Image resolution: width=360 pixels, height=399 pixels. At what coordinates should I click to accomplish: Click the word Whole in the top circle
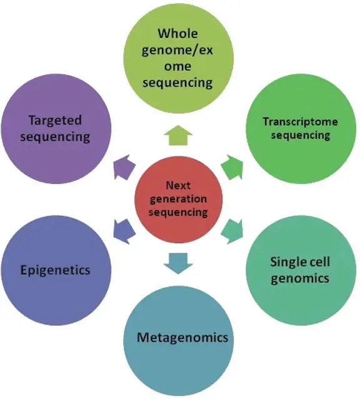177,33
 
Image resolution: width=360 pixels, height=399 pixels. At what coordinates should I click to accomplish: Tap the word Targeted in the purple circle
55,121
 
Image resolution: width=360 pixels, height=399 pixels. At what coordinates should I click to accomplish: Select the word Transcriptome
301,122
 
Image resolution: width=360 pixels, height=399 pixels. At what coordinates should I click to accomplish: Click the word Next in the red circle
178,185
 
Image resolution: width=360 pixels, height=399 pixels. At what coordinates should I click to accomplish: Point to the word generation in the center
178,199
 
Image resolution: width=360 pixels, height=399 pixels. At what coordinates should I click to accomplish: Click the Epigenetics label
55,270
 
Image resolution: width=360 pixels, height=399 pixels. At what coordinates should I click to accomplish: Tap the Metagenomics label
182,337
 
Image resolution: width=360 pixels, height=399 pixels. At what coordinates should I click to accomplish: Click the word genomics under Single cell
300,278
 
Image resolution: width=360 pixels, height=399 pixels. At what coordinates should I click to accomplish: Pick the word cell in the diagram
318,262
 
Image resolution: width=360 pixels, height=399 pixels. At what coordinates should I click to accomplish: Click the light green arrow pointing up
178,135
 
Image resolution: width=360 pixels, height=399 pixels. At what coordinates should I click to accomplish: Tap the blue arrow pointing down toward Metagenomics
178,264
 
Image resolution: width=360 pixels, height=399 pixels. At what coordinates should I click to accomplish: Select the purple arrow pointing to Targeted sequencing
124,167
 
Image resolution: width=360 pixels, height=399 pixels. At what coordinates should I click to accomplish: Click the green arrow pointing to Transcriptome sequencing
232,167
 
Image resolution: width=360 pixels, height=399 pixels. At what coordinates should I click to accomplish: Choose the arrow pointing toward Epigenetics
124,231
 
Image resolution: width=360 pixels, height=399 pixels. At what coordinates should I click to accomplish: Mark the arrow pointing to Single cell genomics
232,231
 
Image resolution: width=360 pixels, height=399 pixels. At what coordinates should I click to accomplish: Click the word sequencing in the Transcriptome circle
301,135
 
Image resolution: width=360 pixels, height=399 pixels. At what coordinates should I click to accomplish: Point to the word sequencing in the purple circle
55,137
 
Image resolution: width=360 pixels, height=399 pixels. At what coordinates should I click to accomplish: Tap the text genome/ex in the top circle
177,51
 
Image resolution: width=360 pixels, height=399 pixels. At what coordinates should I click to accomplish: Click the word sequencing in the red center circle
178,212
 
